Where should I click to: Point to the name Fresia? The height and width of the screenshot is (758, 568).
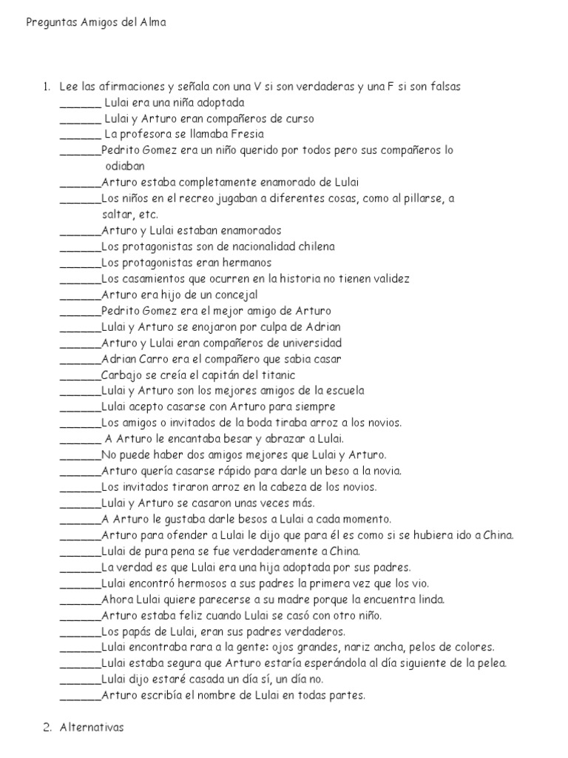pos(247,134)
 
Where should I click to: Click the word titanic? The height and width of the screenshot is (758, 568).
pos(276,375)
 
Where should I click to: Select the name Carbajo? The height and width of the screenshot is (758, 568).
pos(123,375)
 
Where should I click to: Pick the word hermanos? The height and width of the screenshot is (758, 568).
pos(247,263)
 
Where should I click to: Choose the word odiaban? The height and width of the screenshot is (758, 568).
pos(126,167)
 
